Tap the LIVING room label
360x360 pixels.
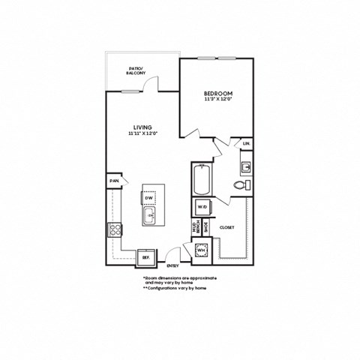click(142, 127)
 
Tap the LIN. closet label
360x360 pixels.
click(246, 142)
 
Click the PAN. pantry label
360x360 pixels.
click(115, 181)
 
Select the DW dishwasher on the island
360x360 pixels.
click(149, 197)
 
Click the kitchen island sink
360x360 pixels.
click(150, 217)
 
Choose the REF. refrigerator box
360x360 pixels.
click(145, 257)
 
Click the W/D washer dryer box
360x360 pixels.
click(201, 207)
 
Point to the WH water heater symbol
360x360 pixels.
click(201, 251)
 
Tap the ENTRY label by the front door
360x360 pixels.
click(172, 265)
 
